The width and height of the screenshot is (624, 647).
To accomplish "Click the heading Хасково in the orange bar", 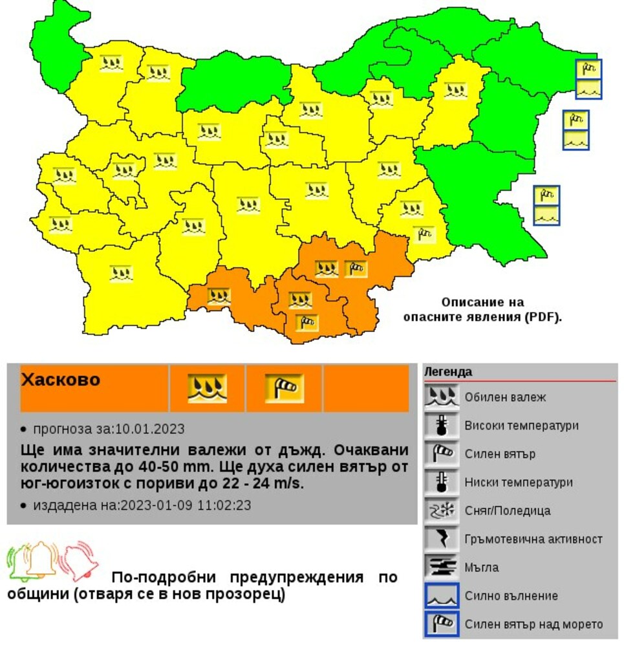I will tap(61, 380).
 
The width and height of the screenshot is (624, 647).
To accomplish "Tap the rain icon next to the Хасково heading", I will tap(207, 388).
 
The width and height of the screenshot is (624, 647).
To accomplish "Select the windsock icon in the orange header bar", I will tap(284, 388).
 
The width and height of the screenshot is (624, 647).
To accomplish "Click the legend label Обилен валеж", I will tap(505, 397).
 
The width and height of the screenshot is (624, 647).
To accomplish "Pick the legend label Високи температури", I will tap(521, 426).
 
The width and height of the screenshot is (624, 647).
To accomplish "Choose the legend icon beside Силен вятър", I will tap(441, 454).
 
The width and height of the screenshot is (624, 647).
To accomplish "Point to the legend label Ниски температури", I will tap(519, 483).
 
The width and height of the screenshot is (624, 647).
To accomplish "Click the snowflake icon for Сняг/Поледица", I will tap(441, 510).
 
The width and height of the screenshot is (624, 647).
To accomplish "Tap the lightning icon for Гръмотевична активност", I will tap(441, 539).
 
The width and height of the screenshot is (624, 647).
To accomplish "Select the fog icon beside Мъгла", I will tap(441, 567).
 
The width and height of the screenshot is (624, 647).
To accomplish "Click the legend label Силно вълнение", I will tap(511, 596).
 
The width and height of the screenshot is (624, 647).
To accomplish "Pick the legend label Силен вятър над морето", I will tap(533, 624).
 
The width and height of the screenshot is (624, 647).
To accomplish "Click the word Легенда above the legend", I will tap(447, 372).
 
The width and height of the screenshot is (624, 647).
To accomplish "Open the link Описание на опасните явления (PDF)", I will tap(482, 310).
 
